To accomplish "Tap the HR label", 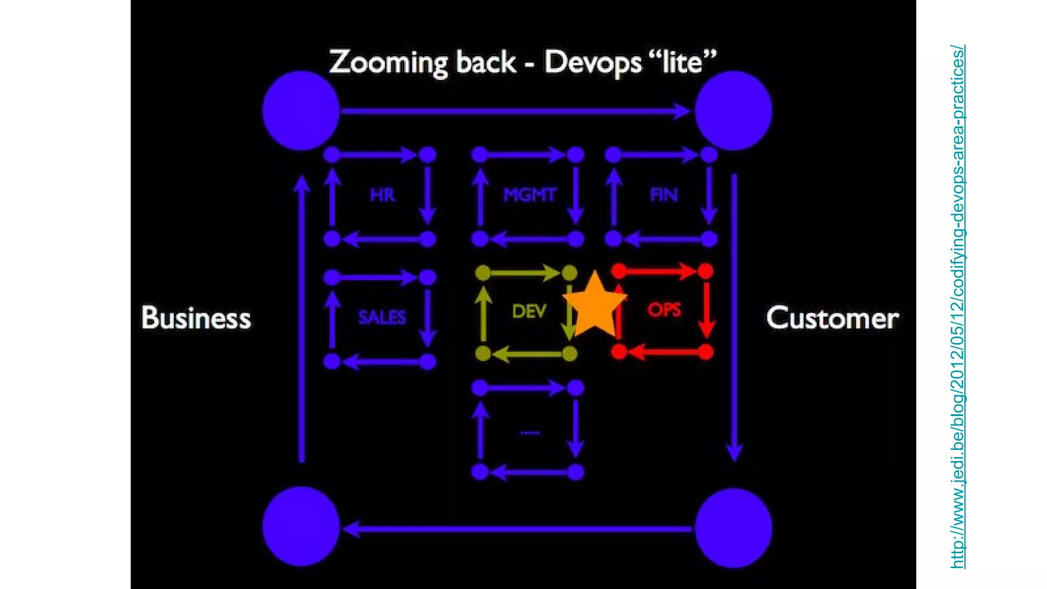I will [382, 195].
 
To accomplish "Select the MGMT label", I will [529, 195].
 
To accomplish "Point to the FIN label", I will [664, 195].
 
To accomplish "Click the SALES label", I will [382, 318].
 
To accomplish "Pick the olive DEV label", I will [529, 311].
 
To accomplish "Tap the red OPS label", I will [664, 310].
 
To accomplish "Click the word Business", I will [196, 318].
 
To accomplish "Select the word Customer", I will [832, 318].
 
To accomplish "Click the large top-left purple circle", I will [301, 110].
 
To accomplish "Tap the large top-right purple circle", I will [734, 110].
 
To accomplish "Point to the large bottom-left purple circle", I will [301, 527].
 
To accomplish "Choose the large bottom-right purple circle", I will [734, 528].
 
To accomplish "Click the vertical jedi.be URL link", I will [958, 307].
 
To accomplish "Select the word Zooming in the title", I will [389, 62].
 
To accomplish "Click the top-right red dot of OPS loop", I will [705, 271].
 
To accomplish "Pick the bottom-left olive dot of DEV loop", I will [483, 353].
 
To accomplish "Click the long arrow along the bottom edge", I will [516, 529].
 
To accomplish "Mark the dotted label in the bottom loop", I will [530, 433].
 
